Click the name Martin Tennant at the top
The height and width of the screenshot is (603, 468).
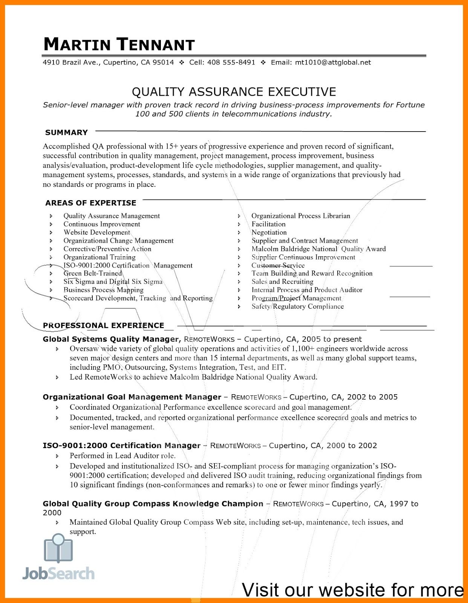coord(119,44)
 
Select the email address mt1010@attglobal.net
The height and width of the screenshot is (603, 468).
coord(333,63)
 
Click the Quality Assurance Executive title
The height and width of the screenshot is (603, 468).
coord(234,92)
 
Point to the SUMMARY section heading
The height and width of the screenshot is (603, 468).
coord(66,133)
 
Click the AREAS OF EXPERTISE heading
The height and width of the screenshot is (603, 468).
coord(91,203)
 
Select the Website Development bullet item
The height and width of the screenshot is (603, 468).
coord(97,233)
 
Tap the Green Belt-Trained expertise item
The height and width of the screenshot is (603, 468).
coord(93,274)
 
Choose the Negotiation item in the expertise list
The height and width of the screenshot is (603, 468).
coord(269,233)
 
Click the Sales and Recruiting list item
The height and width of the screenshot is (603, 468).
coord(282,282)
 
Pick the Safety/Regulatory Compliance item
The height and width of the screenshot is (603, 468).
coord(298,306)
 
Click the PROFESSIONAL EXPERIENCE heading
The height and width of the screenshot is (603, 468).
coord(104,326)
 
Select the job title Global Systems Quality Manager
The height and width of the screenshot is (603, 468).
coord(111,339)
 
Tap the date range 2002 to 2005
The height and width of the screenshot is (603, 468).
coord(372,397)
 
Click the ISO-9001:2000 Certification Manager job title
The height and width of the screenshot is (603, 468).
coord(121,446)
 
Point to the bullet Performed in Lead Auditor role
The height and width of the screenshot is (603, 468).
coord(122,456)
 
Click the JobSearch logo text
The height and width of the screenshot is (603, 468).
coord(58,574)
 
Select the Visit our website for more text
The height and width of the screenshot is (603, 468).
coord(352,590)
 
